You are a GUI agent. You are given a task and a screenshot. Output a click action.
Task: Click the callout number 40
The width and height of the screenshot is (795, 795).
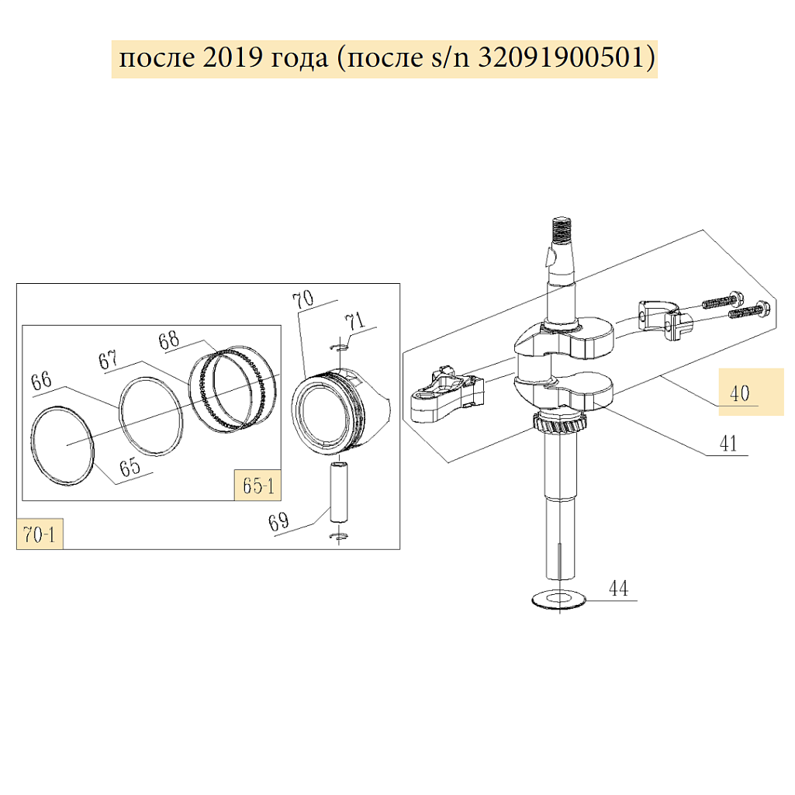pos(739,393)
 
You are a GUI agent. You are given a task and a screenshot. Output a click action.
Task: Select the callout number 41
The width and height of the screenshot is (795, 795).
pos(728,444)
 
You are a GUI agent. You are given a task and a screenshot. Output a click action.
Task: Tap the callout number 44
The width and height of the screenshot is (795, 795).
pos(618,589)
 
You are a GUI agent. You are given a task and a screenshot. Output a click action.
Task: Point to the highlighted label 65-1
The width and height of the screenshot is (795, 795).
pos(258,486)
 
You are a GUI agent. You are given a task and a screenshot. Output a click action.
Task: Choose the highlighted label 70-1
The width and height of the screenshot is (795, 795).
pos(40,534)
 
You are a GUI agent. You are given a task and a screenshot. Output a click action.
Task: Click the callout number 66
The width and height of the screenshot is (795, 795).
pos(41,380)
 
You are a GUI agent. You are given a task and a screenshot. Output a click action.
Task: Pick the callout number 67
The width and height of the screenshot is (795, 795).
pos(108,360)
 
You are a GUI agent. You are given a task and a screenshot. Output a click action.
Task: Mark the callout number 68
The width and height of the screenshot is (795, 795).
pos(169,340)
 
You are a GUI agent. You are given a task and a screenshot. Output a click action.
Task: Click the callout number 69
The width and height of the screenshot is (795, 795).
pos(278,522)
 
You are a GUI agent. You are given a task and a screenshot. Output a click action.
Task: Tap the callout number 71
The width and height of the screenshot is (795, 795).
pos(354,321)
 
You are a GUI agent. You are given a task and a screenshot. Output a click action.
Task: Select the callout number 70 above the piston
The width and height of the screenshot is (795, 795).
pos(303,300)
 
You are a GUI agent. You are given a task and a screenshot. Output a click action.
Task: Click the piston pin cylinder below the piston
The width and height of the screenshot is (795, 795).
pos(339,492)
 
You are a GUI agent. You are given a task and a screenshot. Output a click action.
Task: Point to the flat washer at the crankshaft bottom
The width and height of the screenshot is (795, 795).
pos(558,600)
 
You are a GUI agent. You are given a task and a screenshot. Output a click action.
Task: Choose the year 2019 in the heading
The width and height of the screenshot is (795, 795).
pos(233,57)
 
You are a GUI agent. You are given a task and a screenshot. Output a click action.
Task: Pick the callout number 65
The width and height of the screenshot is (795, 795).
pos(130,467)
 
